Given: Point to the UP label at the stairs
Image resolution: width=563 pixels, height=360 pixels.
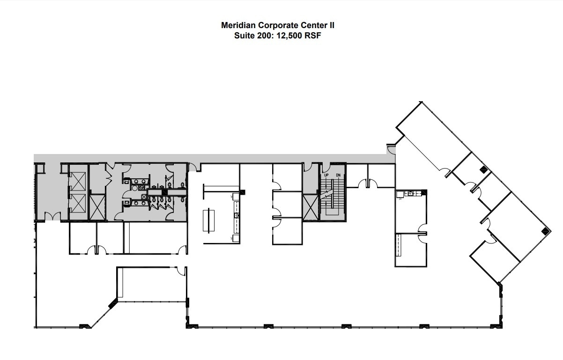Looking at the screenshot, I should coord(326,175).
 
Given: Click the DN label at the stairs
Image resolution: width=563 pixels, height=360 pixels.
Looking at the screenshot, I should coord(337,175).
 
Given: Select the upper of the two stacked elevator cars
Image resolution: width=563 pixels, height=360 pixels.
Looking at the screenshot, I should coord(77,181).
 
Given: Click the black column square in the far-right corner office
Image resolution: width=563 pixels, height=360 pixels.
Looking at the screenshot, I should coord(545,230).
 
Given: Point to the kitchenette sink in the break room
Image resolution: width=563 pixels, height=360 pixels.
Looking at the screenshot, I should coord(411,193).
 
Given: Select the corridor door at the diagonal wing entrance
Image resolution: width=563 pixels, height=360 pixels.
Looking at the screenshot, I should coord(391,150).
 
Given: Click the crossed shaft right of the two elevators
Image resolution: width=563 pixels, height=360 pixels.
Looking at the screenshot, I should coord(97,207).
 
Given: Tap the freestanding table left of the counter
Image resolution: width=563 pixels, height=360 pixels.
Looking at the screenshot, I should coord(209,220).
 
